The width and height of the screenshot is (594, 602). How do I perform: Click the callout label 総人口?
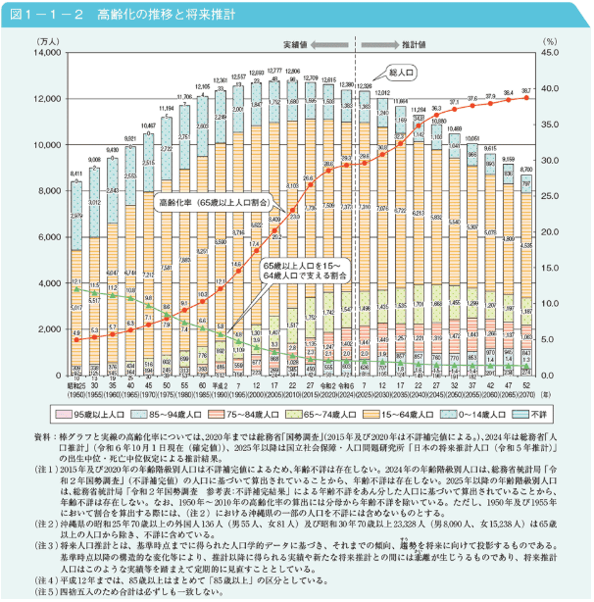tap(402, 73)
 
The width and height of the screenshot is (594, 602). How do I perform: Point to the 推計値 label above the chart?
tap(414, 44)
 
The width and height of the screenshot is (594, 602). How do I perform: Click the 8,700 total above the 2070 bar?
tap(526, 168)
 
